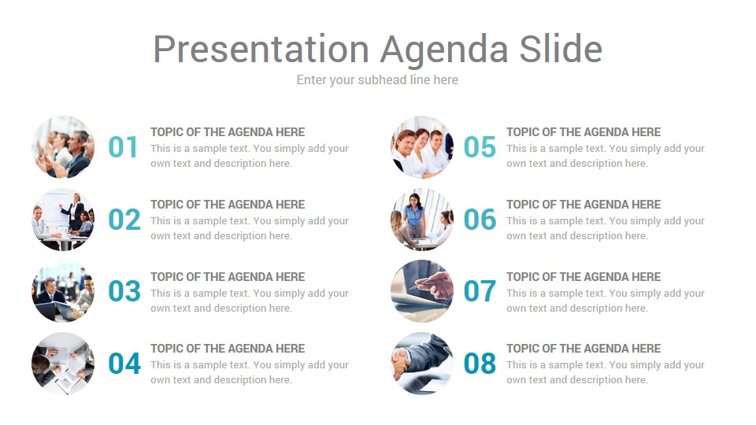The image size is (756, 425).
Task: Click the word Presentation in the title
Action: (x=261, y=50)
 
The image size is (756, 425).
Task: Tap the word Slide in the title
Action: (x=561, y=49)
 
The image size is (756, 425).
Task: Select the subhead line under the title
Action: (x=377, y=80)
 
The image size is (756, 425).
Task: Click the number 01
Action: (x=123, y=147)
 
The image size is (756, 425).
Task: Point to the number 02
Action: (x=124, y=220)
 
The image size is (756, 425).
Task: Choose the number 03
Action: (x=124, y=291)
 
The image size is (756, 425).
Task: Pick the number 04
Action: (x=124, y=364)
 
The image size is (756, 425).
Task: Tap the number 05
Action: (x=480, y=147)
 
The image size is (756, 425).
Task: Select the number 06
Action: (x=480, y=220)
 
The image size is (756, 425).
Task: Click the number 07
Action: (x=480, y=291)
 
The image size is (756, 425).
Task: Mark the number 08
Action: (x=480, y=364)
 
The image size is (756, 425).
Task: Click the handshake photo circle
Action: (x=422, y=364)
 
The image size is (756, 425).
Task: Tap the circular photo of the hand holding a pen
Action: (x=422, y=291)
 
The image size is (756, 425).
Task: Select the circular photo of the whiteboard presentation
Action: (x=63, y=220)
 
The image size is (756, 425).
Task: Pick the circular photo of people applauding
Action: (x=63, y=147)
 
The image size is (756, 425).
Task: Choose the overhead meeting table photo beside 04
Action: (x=63, y=364)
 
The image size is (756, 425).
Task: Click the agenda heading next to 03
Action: (x=228, y=277)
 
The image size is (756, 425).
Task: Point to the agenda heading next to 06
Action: (x=584, y=205)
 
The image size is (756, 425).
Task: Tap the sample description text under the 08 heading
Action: (x=605, y=372)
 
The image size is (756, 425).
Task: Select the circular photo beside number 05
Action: (x=422, y=147)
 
